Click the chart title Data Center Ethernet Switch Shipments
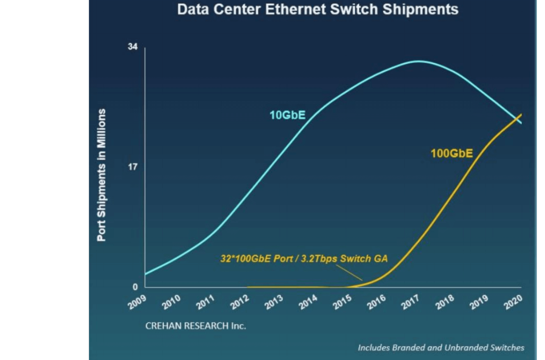point(318,9)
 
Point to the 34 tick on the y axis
point(133,47)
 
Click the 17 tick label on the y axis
point(133,167)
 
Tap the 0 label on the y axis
point(135,287)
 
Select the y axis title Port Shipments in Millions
point(101,175)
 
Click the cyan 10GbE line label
point(287,115)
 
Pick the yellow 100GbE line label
point(452,153)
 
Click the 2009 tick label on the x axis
point(137,302)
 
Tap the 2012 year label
point(240,302)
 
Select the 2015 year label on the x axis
point(342,302)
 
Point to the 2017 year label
point(410,302)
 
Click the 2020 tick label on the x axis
point(513,302)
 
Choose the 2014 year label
point(308,302)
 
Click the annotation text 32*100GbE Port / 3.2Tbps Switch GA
point(304,259)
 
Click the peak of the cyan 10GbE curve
point(418,61)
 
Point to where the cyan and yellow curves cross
point(518,119)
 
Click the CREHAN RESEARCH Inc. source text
point(195,326)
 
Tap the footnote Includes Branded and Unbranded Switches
point(441,348)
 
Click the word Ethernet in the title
point(295,9)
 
